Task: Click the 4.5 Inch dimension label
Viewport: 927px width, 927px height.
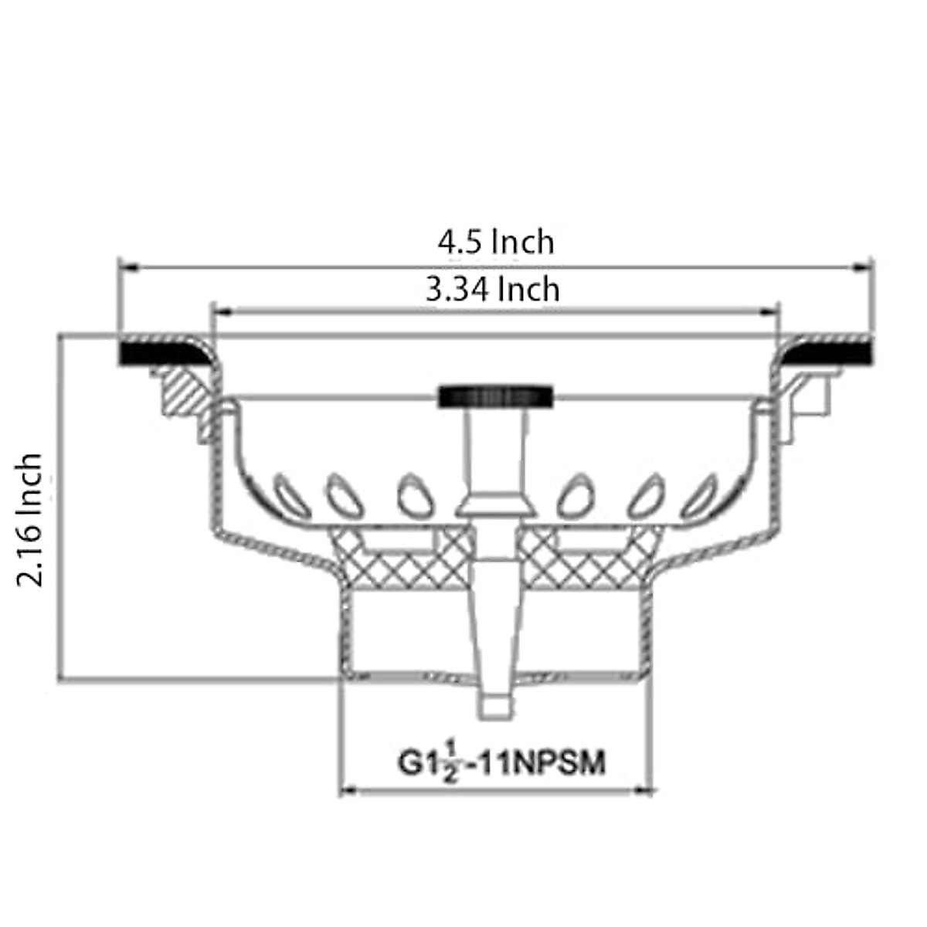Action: (496, 242)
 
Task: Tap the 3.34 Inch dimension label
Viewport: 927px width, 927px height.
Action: (493, 290)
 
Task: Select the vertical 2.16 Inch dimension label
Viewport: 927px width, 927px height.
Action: (30, 520)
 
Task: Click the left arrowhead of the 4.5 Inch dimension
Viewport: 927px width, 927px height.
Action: (127, 268)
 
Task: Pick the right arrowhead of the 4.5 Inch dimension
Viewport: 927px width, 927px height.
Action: (863, 268)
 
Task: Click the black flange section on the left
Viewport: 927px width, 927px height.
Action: (158, 353)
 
